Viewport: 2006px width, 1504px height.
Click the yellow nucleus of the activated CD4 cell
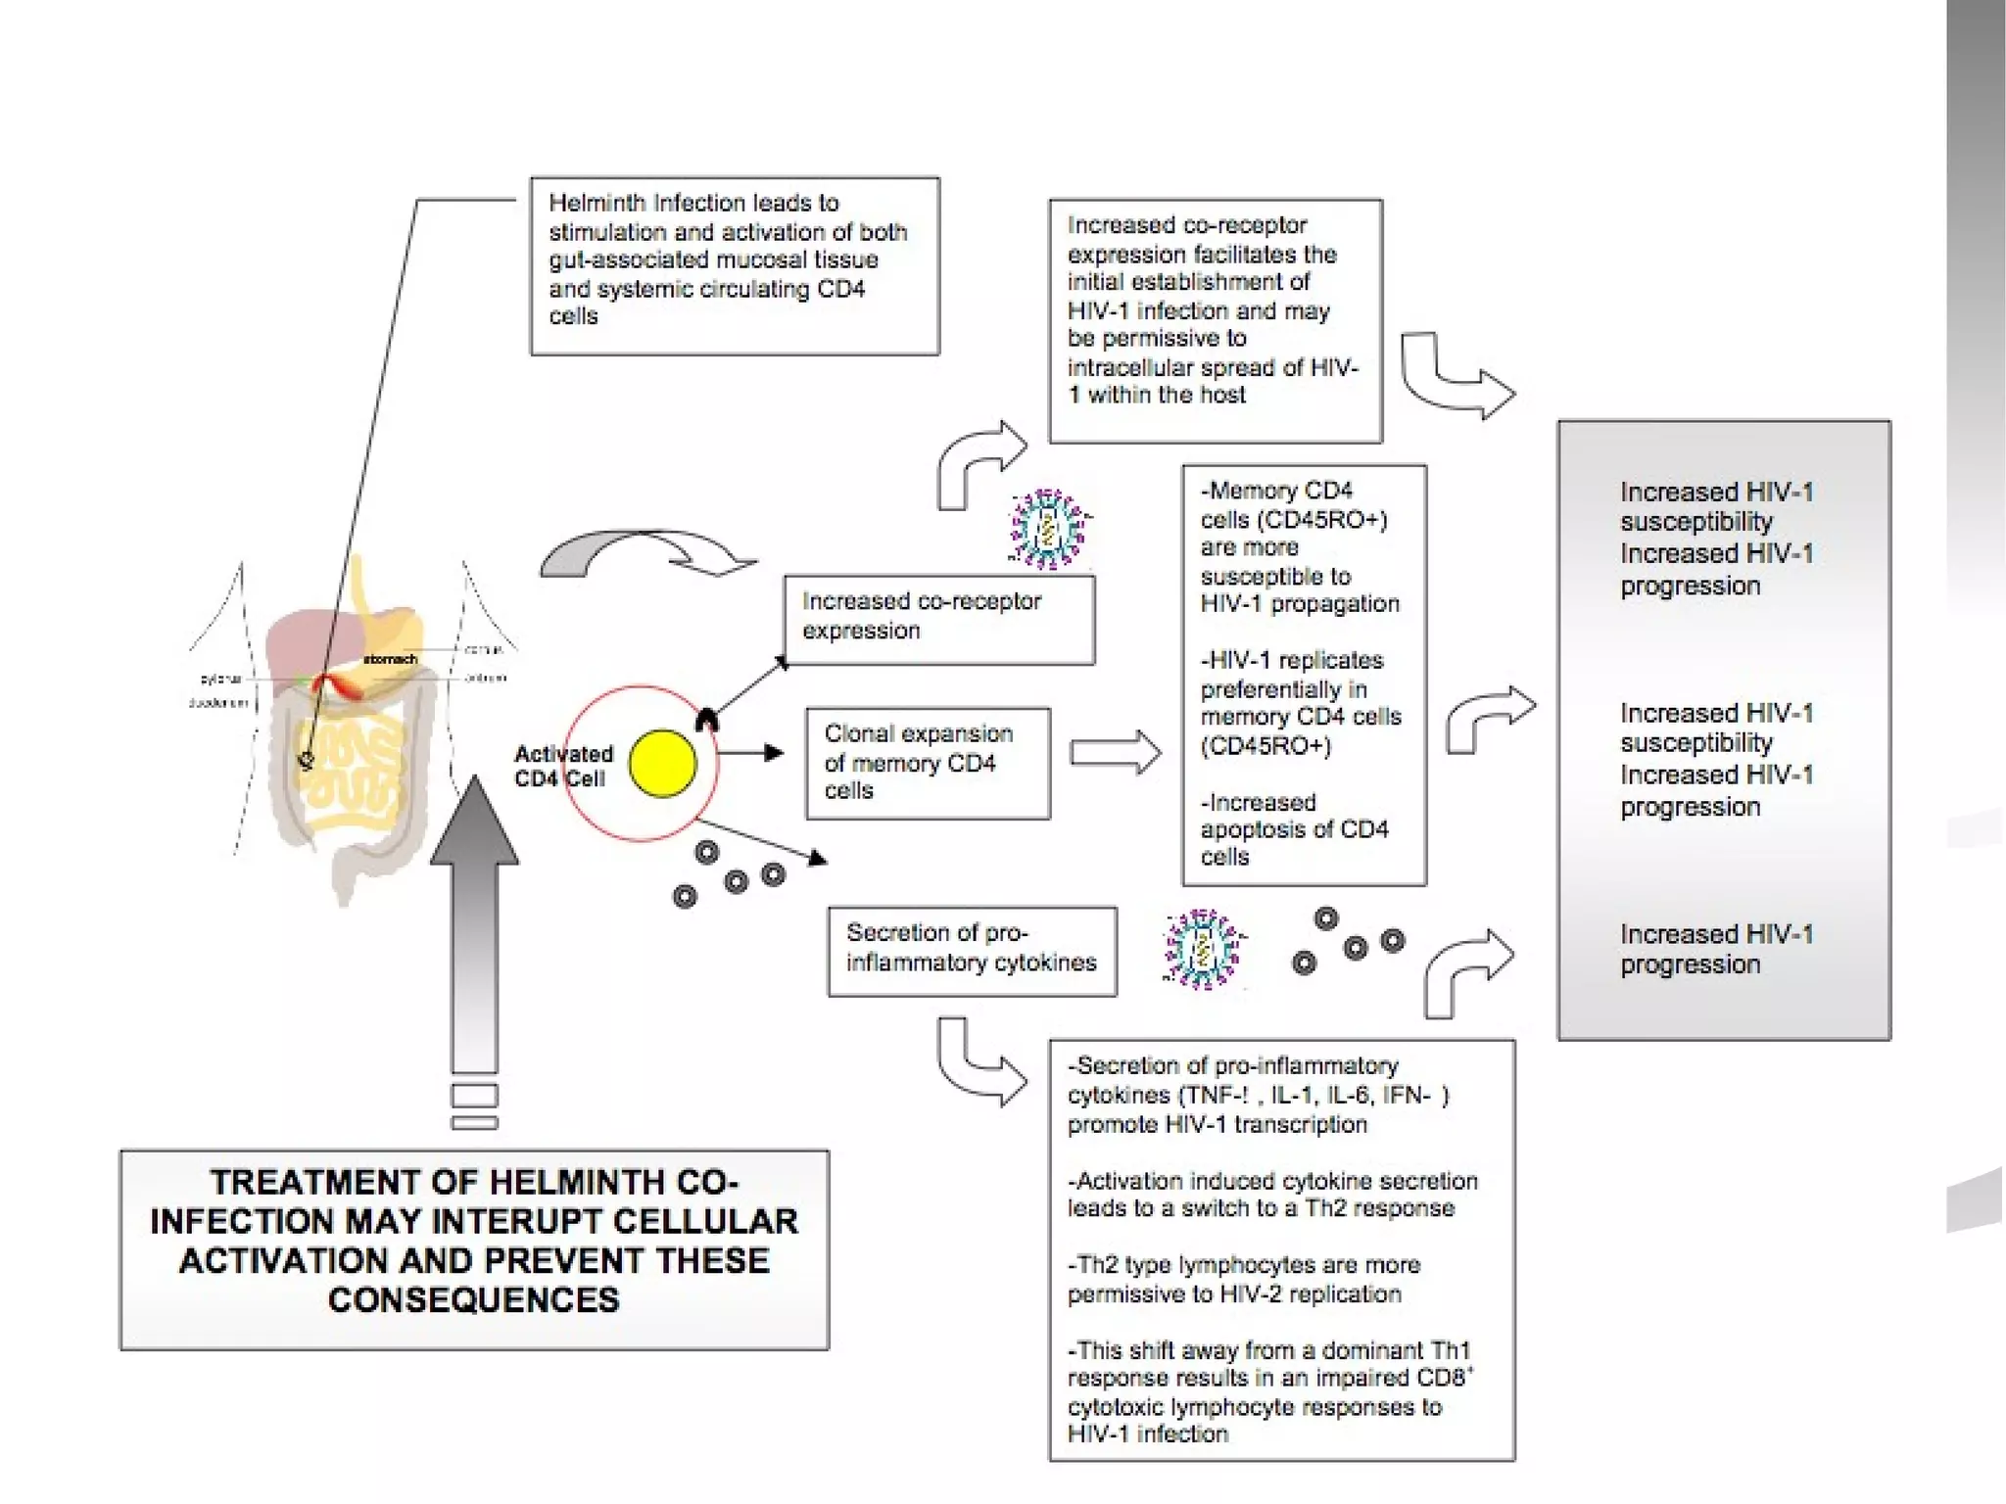662,763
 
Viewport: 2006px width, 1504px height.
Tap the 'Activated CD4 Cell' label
563,766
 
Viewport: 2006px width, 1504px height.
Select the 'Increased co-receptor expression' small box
938,619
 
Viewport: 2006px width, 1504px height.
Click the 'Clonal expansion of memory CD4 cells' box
927,763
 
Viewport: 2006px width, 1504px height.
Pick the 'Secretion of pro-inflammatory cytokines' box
971,950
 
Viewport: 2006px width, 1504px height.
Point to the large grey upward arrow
475,930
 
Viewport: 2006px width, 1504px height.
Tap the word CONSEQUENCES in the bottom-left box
474,1299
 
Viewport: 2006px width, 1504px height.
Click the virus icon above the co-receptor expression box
1047,528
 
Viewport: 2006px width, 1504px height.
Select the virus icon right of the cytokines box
1202,948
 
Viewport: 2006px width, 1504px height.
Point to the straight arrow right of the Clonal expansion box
1115,753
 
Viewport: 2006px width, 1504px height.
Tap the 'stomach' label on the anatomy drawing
390,659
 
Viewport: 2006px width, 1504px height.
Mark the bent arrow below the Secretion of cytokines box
979,1061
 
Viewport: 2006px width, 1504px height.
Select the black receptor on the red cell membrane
707,721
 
